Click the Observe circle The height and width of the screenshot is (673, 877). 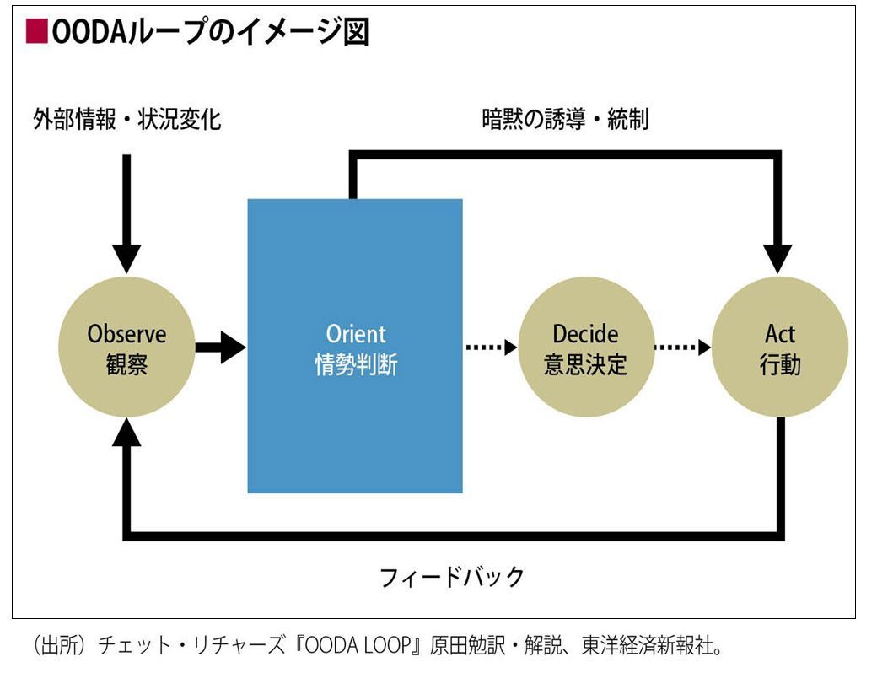click(127, 347)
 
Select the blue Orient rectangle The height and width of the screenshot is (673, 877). click(355, 346)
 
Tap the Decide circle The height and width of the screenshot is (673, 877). click(586, 347)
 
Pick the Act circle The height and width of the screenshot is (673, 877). click(780, 347)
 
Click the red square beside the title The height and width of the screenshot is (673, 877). click(36, 31)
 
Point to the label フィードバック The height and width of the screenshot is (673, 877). click(452, 577)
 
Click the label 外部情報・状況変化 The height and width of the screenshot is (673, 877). click(127, 119)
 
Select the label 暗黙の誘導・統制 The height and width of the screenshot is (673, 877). click(566, 119)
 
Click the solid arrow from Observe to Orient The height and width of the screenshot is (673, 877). click(220, 347)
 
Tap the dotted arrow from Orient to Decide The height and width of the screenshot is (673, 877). click(491, 347)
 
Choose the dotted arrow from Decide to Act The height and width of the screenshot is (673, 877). click(682, 347)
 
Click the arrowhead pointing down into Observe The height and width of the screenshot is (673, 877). click(127, 259)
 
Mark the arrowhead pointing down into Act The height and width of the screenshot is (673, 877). click(777, 259)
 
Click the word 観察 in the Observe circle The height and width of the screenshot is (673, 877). click(127, 364)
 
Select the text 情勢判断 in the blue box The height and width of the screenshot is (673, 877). click(356, 364)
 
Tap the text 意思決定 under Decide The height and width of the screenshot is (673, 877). click(585, 364)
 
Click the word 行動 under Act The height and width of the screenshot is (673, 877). click(780, 364)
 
